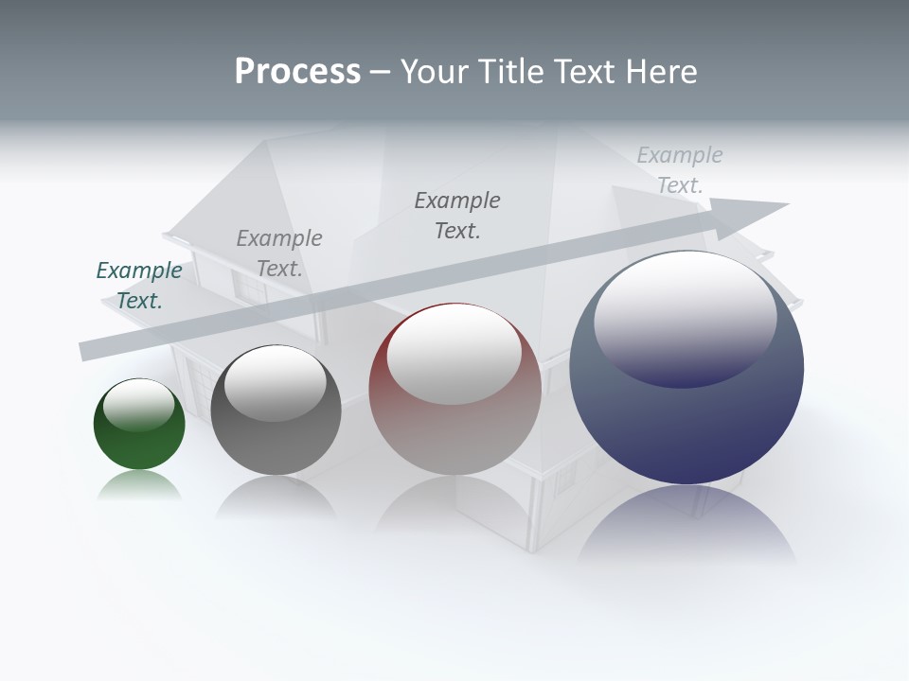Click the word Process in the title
(x=297, y=72)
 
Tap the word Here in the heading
(x=660, y=72)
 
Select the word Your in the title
(x=431, y=72)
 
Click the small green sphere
(x=139, y=435)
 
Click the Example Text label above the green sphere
(x=139, y=286)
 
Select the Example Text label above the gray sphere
(x=279, y=253)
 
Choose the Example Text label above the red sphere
(x=457, y=216)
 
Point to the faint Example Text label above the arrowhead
(x=680, y=170)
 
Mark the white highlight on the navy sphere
(x=686, y=317)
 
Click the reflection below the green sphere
(x=139, y=486)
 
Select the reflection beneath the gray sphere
(x=276, y=497)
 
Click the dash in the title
(x=381, y=72)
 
